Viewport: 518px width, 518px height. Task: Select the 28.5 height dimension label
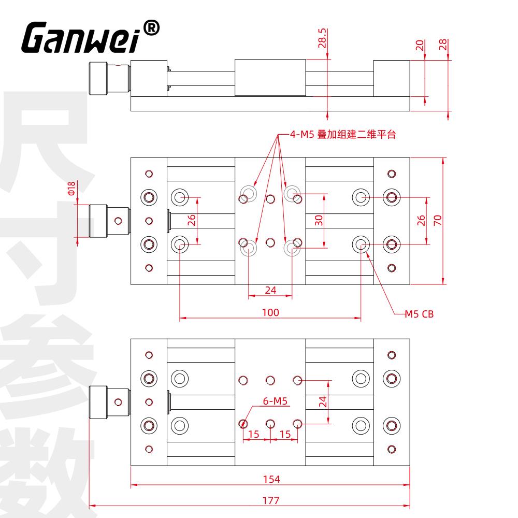(x=322, y=38)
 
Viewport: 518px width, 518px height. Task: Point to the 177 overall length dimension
(x=271, y=500)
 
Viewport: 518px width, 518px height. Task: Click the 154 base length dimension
(x=271, y=479)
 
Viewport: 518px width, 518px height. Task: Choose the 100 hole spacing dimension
(x=270, y=312)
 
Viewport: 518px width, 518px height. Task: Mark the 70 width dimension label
(x=437, y=220)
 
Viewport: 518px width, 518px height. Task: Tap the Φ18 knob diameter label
(x=71, y=188)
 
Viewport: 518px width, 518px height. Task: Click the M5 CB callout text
(x=419, y=314)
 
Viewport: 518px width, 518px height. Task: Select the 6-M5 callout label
(x=275, y=401)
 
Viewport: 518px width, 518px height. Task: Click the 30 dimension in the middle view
(x=319, y=220)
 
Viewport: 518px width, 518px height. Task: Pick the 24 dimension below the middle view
(x=270, y=290)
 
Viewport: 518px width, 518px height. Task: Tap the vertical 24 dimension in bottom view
(x=323, y=402)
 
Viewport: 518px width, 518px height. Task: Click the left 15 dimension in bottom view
(x=253, y=434)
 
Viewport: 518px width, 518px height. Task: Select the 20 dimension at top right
(x=420, y=45)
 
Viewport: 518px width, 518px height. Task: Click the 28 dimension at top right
(x=443, y=44)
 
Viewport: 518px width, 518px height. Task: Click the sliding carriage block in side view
(x=270, y=78)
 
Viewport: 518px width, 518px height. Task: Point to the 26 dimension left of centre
(x=192, y=220)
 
